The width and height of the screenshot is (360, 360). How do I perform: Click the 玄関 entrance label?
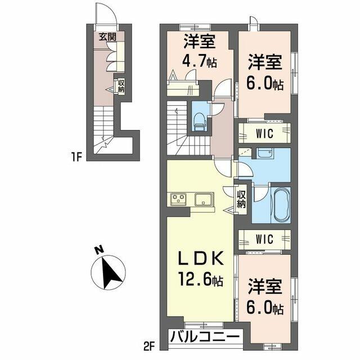[107, 37]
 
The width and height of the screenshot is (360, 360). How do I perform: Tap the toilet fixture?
[199, 122]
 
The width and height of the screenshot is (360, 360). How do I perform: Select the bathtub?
[281, 205]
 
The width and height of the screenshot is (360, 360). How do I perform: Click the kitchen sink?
[204, 199]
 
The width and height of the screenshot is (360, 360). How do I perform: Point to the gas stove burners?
[179, 199]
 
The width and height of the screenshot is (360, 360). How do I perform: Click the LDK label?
[201, 259]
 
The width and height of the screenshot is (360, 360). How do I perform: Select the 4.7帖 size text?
[200, 61]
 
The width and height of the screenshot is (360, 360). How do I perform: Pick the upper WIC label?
[264, 133]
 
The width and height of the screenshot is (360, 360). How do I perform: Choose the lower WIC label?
[264, 239]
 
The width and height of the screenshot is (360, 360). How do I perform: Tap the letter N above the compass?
[99, 250]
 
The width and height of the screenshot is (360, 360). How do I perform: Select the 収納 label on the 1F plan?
[121, 86]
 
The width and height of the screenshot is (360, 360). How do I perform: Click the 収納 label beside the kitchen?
[241, 199]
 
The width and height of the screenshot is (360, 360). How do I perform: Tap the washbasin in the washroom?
[264, 153]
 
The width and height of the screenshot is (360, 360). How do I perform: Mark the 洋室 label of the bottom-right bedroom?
[265, 286]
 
